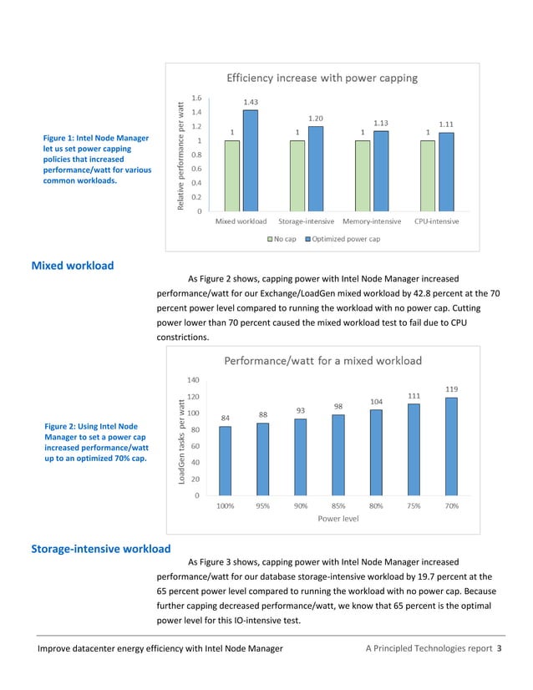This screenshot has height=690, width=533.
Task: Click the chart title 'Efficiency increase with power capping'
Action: pyautogui.click(x=322, y=79)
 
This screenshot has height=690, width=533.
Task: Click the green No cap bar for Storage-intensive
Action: pyautogui.click(x=297, y=175)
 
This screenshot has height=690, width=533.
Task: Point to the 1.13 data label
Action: pyautogui.click(x=381, y=123)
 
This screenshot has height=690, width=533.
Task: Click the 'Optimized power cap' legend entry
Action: pyautogui.click(x=343, y=239)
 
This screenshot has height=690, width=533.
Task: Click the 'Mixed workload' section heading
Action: pyautogui.click(x=73, y=266)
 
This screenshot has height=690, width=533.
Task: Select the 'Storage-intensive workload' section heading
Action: pyautogui.click(x=100, y=549)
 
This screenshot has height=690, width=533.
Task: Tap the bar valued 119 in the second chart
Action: pyautogui.click(x=451, y=446)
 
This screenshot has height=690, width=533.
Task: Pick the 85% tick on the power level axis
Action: pyautogui.click(x=338, y=505)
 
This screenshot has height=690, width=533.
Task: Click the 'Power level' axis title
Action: pyautogui.click(x=338, y=518)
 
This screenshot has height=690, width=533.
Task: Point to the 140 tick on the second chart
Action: pyautogui.click(x=192, y=380)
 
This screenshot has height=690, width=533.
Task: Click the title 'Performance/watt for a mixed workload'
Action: pyautogui.click(x=322, y=361)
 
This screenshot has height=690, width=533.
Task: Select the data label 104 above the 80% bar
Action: pyautogui.click(x=376, y=401)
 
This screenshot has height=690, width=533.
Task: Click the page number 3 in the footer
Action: pyautogui.click(x=499, y=648)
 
